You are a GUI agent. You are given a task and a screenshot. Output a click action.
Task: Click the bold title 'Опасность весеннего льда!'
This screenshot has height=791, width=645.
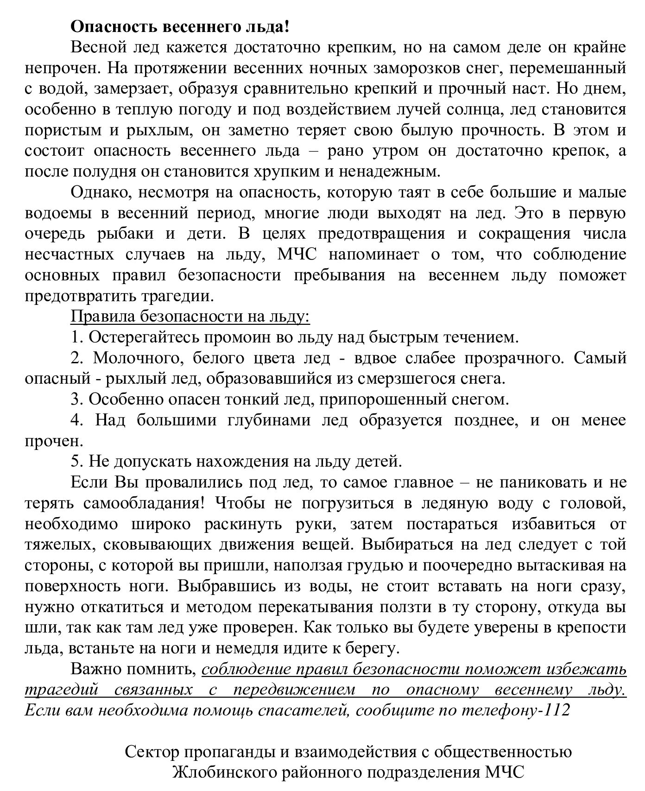tap(180, 26)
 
